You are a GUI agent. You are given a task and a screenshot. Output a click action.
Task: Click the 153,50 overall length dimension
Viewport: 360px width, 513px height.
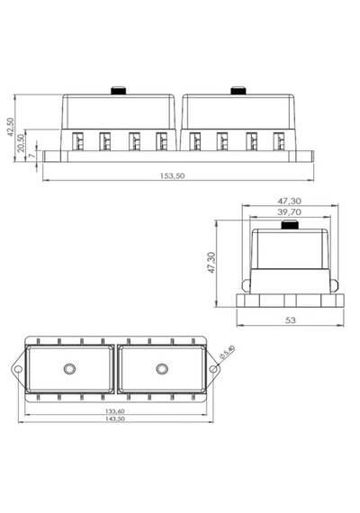[172, 175]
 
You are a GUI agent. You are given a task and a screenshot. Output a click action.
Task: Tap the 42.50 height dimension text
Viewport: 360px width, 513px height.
[11, 127]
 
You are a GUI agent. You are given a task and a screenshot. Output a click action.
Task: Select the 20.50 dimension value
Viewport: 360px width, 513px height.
[21, 143]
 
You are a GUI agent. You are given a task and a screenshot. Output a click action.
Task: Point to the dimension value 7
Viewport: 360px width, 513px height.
[31, 155]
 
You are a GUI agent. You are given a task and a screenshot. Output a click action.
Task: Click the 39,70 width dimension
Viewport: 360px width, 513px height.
[289, 212]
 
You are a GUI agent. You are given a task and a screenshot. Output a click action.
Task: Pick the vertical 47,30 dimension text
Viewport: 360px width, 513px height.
[211, 263]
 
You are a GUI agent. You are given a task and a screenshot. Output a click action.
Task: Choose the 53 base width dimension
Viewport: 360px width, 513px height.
[291, 320]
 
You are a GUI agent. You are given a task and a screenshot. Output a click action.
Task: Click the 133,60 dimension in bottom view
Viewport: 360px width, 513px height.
[115, 411]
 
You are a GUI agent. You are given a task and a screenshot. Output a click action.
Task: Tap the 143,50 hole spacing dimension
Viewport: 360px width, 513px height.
[115, 418]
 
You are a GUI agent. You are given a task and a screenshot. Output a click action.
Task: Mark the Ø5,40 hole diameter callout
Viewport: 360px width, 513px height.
[228, 353]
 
